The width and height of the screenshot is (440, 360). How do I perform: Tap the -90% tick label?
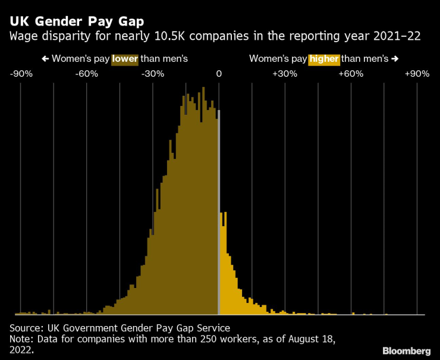click(21, 74)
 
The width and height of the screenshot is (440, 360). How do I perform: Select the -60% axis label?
click(87, 74)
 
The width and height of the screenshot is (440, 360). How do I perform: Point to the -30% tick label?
click(153, 74)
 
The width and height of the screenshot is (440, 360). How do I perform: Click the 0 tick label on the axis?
click(219, 74)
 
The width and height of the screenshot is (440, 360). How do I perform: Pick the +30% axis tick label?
click(284, 74)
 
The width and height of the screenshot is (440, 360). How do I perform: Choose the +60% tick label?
click(350, 74)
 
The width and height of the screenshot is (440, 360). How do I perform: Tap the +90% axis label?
click(416, 74)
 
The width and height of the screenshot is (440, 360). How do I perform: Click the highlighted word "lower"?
click(125, 59)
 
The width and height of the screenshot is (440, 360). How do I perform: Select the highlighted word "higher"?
click(324, 59)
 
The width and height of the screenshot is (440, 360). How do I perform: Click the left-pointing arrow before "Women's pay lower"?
click(45, 59)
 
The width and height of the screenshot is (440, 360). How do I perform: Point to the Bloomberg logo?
click(406, 350)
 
